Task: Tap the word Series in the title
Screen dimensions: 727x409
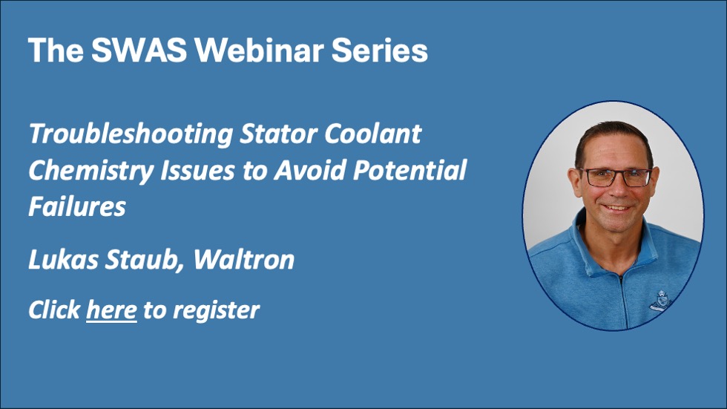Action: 379,50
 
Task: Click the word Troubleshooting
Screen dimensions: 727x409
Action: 131,135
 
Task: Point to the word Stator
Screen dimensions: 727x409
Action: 279,134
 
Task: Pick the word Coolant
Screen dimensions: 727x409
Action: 372,134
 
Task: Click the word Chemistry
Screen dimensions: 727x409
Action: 91,171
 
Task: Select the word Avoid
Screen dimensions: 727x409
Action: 310,170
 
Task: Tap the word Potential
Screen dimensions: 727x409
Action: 409,170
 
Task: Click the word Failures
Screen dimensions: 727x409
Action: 77,206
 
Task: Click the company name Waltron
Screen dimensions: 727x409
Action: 244,259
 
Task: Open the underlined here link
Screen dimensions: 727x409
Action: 111,310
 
